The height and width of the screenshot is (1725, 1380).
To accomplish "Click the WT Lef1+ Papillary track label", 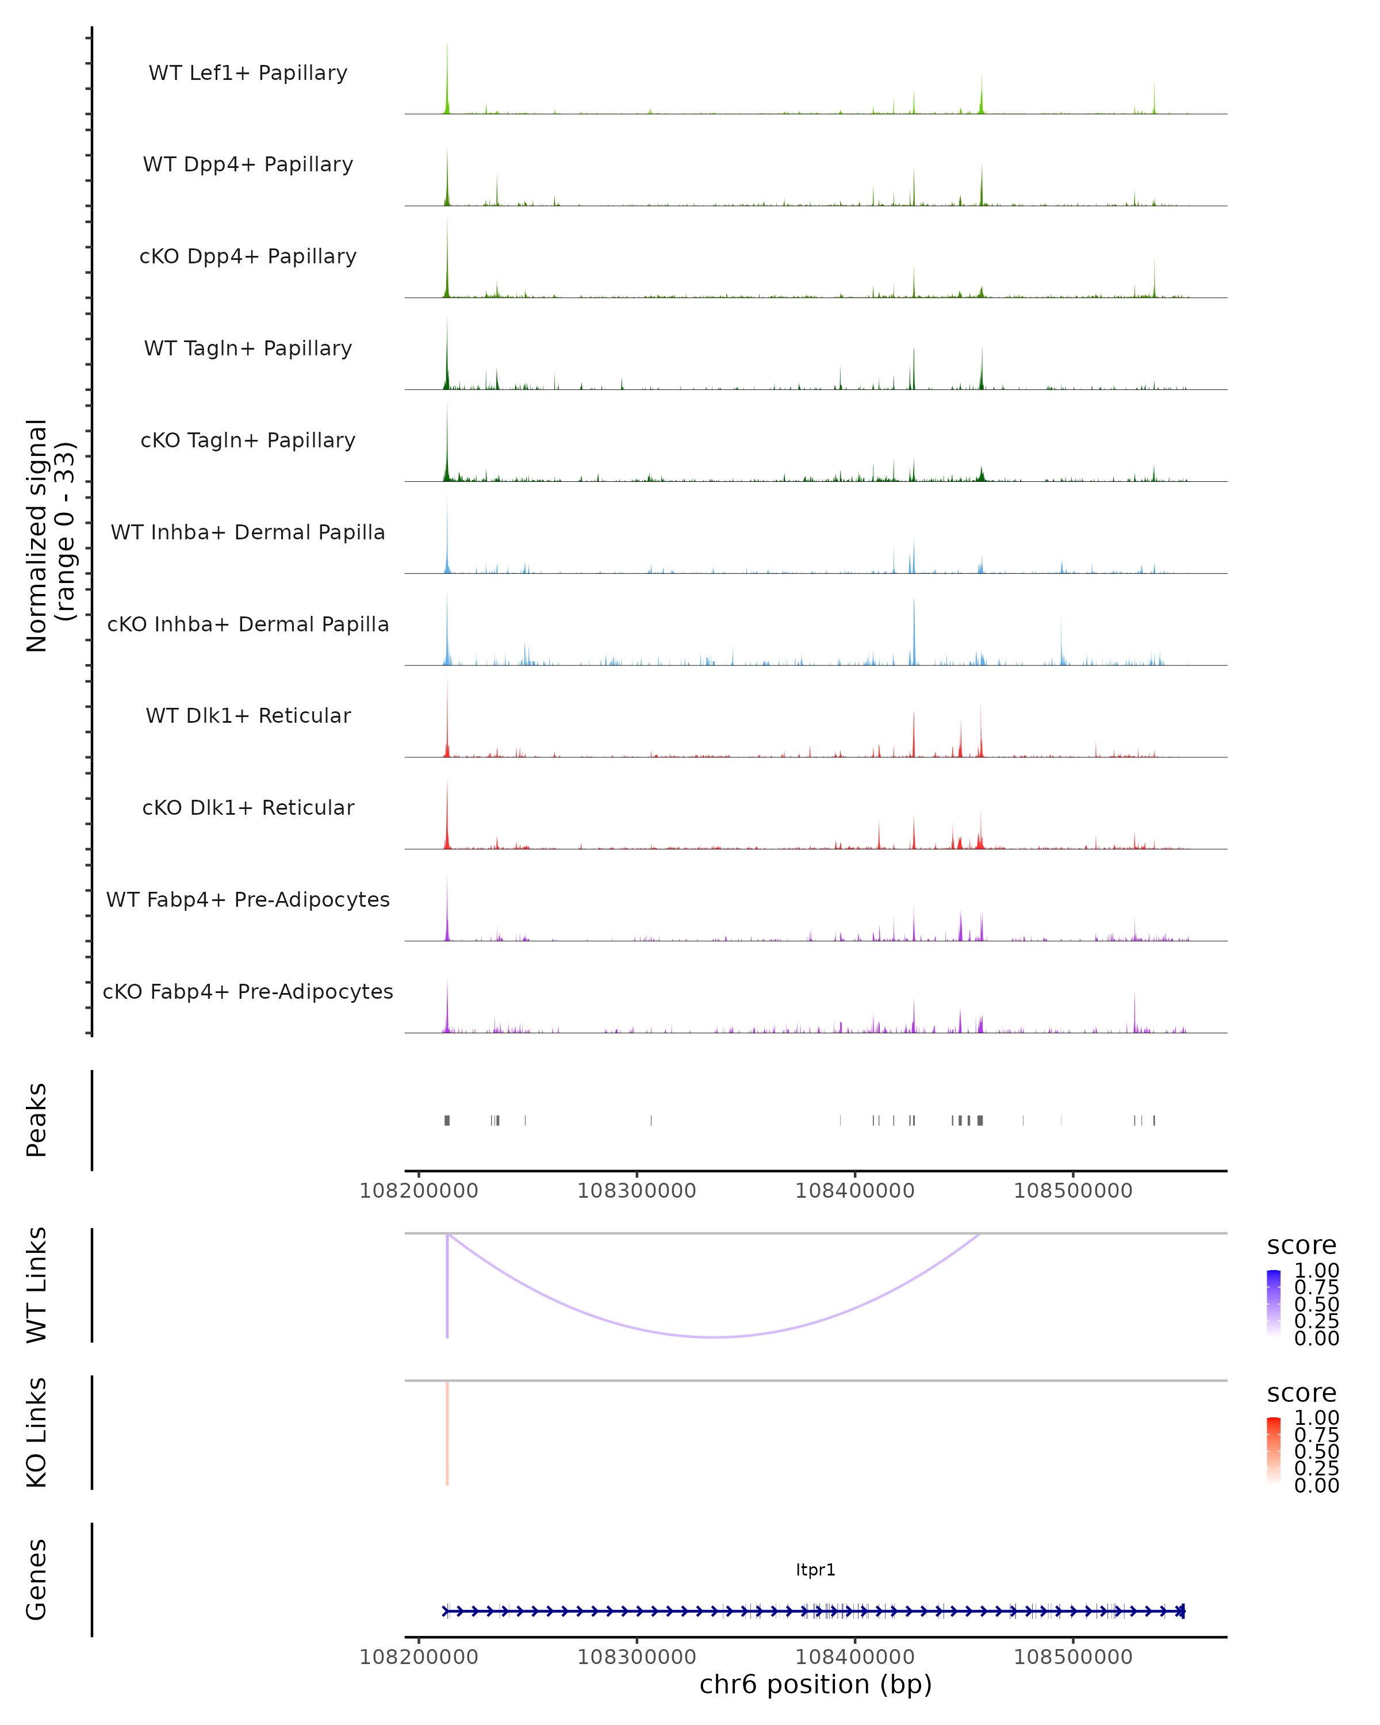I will [248, 73].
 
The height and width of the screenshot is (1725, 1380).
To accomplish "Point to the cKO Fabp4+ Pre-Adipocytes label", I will [248, 991].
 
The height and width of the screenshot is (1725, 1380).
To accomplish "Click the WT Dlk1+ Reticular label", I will [248, 715].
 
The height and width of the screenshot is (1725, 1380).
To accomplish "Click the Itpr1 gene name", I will [815, 1570].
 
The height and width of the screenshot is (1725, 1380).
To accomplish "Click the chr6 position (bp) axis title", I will [815, 1684].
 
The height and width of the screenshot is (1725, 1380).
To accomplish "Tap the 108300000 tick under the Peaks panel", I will [637, 1191].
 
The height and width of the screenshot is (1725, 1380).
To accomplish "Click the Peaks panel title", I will [36, 1120].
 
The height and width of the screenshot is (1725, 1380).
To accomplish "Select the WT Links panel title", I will [36, 1285].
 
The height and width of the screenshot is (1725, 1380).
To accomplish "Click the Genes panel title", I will [36, 1580].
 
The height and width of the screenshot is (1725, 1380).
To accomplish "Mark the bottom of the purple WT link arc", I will [714, 1337].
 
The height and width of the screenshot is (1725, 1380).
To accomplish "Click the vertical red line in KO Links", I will [447, 1432].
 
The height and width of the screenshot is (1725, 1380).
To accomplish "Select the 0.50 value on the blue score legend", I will [1316, 1304].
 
